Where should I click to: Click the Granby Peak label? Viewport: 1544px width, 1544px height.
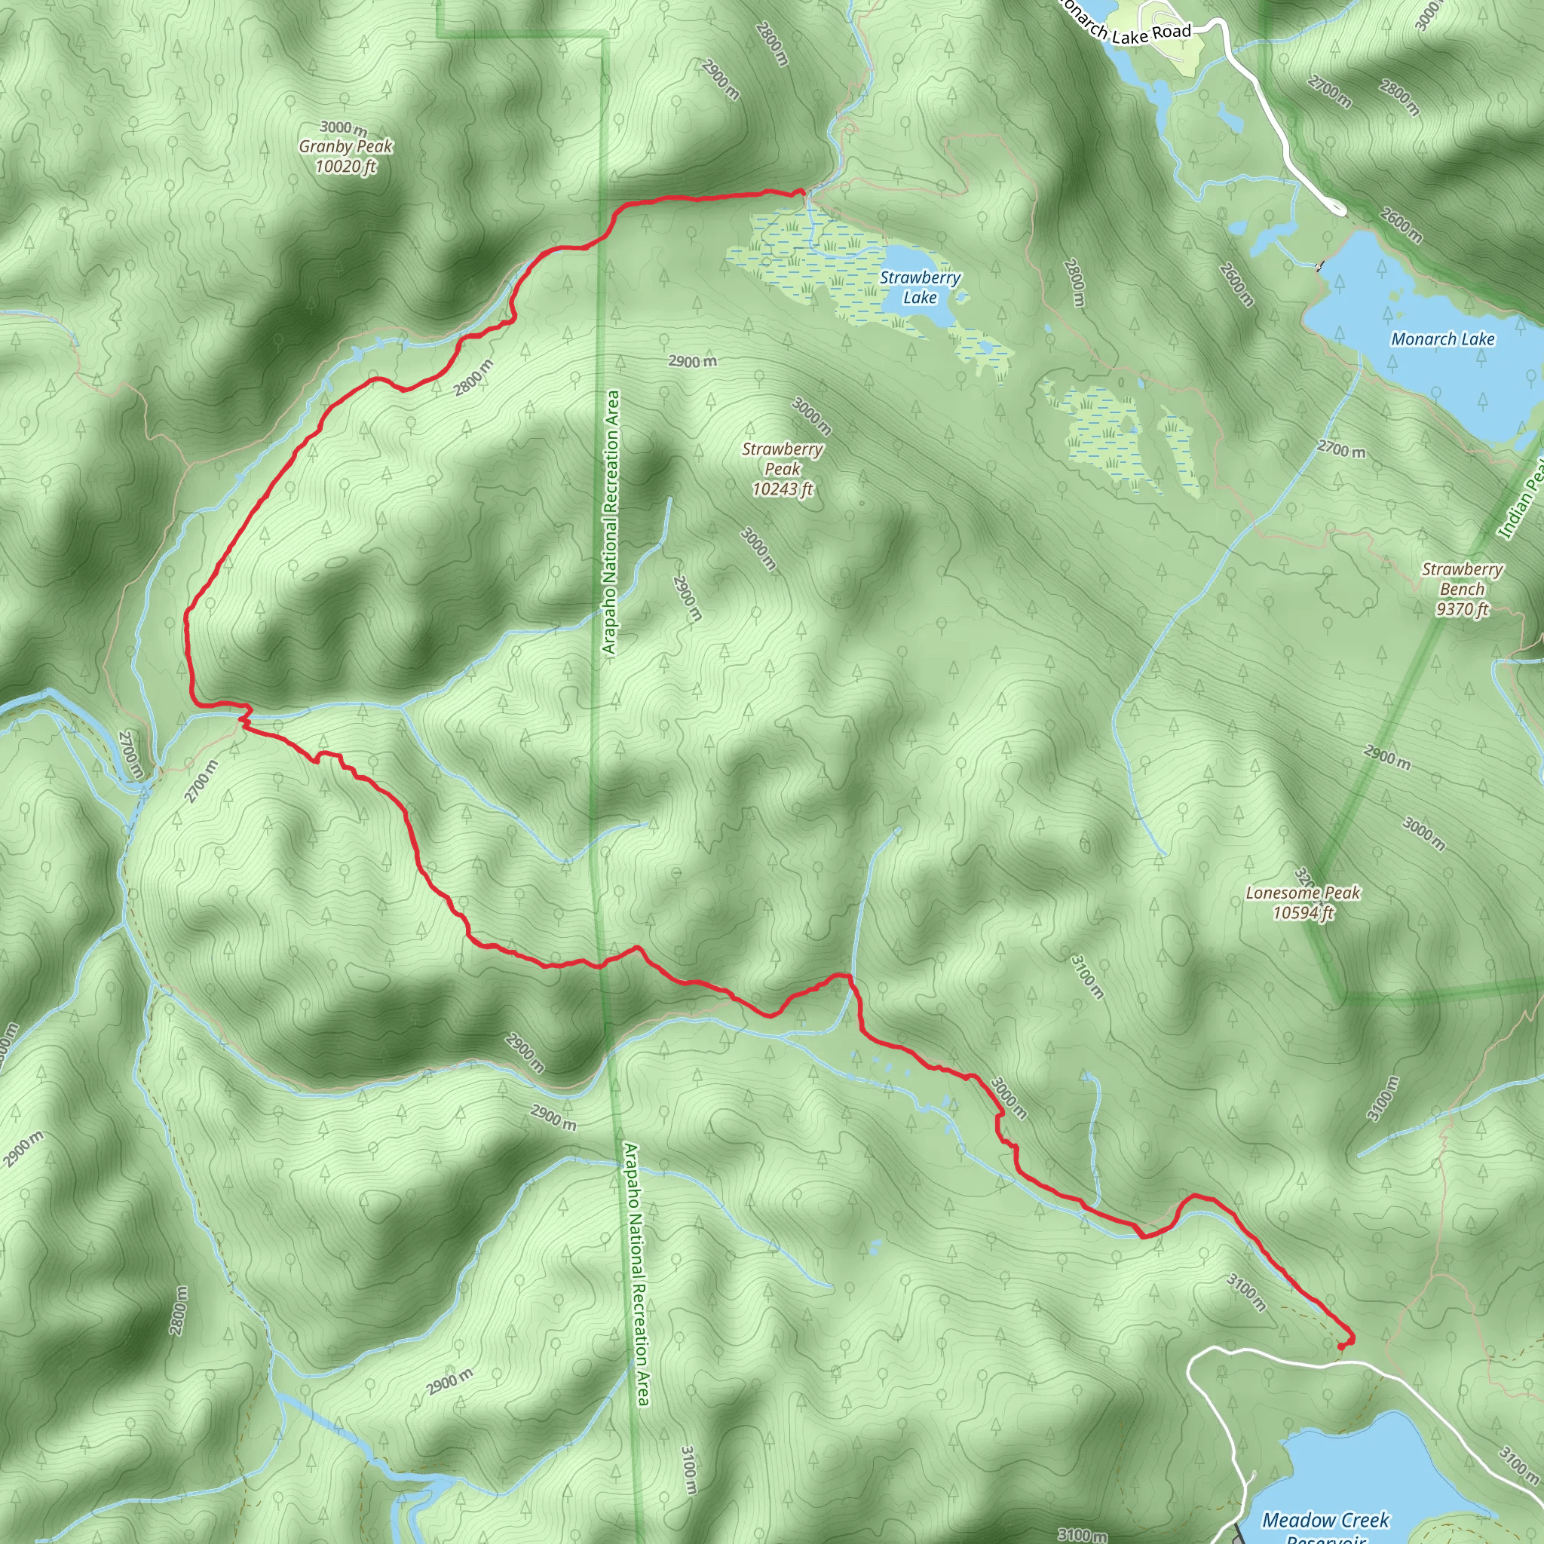tap(346, 146)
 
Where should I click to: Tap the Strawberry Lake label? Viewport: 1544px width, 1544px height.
tap(920, 288)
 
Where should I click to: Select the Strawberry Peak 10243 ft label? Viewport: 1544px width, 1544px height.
tap(783, 469)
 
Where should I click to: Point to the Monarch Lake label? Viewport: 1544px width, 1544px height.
tap(1442, 339)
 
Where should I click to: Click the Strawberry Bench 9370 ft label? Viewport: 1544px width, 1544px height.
tap(1462, 589)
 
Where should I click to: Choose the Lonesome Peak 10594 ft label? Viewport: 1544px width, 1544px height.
tap(1303, 902)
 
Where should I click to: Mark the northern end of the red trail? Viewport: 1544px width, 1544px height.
tap(801, 191)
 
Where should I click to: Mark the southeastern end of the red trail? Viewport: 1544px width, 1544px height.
tap(1341, 1347)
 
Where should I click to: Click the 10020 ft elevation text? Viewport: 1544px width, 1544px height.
tap(346, 166)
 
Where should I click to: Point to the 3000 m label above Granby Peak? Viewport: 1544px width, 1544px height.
tap(344, 128)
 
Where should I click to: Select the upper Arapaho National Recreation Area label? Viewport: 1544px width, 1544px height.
tap(611, 522)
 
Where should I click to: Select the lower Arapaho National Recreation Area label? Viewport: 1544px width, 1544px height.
tap(636, 1274)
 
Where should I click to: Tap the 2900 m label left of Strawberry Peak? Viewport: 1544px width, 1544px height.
tap(692, 361)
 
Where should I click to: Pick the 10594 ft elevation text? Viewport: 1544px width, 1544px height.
tap(1303, 913)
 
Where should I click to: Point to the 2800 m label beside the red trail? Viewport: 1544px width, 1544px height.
tap(473, 377)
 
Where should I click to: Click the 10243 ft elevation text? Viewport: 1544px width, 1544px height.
tap(783, 489)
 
